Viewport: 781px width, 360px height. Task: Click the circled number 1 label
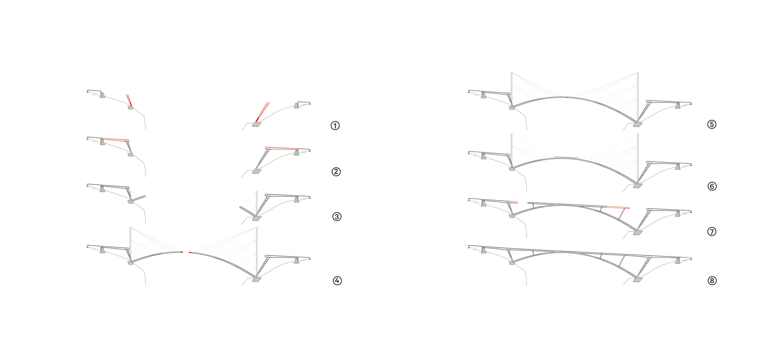pos(335,126)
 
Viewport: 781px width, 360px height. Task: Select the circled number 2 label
pos(336,172)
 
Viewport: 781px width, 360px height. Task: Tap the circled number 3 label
pos(337,217)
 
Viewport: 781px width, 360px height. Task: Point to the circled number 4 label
pos(337,281)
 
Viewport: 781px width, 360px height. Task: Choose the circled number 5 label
pos(712,124)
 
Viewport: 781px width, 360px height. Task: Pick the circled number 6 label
pos(712,186)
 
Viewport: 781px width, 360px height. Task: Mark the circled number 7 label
pos(712,232)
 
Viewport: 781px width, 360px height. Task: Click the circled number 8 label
pos(712,281)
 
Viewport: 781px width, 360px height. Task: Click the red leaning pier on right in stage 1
pos(262,112)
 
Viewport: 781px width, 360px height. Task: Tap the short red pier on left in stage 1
pos(129,101)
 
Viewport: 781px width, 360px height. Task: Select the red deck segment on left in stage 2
pos(115,139)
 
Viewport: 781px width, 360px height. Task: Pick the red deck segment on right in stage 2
pos(281,148)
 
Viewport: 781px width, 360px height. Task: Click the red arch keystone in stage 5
pos(567,97)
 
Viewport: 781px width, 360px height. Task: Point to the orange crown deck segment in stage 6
pos(567,158)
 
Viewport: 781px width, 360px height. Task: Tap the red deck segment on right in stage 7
pos(618,207)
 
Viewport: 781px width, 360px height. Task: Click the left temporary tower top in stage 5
pos(511,73)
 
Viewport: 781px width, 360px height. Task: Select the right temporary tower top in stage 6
pos(638,134)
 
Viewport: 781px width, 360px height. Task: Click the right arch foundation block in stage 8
pos(638,280)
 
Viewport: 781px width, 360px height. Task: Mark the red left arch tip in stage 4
pos(182,252)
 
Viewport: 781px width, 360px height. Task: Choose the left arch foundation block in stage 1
pos(130,108)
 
